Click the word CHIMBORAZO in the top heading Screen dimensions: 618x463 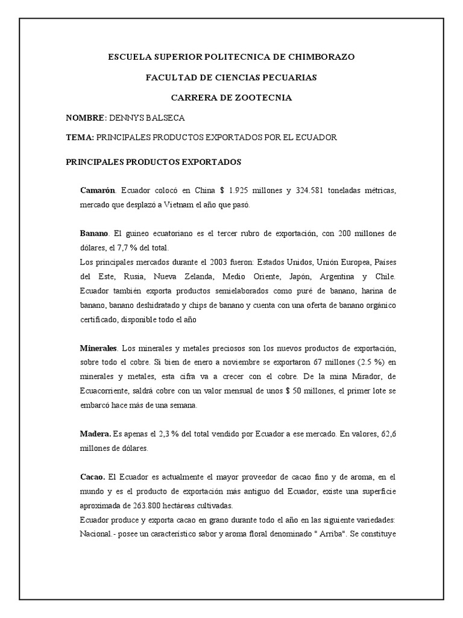(318, 57)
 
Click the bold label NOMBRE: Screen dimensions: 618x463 (86, 118)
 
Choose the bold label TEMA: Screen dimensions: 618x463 (80, 138)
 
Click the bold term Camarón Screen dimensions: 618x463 (97, 191)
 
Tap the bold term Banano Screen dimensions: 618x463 (94, 233)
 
